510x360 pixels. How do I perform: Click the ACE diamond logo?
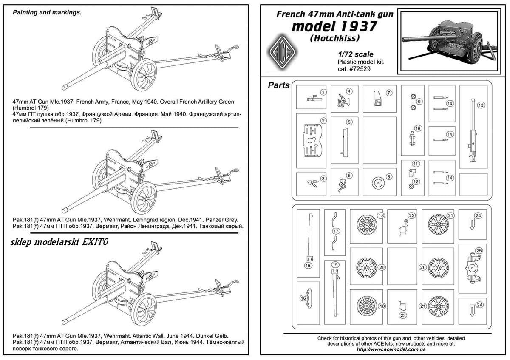click(282, 53)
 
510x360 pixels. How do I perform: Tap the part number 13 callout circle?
click(481, 105)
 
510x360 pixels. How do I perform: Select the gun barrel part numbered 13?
click(473, 130)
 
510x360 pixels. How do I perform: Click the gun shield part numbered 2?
click(312, 141)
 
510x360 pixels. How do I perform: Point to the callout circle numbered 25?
click(479, 251)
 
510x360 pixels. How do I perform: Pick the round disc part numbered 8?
click(378, 183)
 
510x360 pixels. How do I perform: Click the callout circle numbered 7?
click(389, 93)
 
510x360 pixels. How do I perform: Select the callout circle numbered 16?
click(303, 298)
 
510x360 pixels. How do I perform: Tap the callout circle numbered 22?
click(412, 215)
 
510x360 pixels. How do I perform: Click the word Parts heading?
click(279, 85)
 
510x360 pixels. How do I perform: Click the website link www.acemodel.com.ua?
click(391, 349)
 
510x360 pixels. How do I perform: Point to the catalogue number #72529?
click(360, 69)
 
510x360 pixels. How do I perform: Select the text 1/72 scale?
click(356, 54)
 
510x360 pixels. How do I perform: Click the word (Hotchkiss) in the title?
click(335, 38)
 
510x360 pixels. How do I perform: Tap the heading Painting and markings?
click(47, 12)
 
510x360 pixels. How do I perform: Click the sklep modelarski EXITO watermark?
click(59, 242)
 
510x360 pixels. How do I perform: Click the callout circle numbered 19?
click(335, 265)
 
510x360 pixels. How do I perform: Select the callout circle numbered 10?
click(417, 128)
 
